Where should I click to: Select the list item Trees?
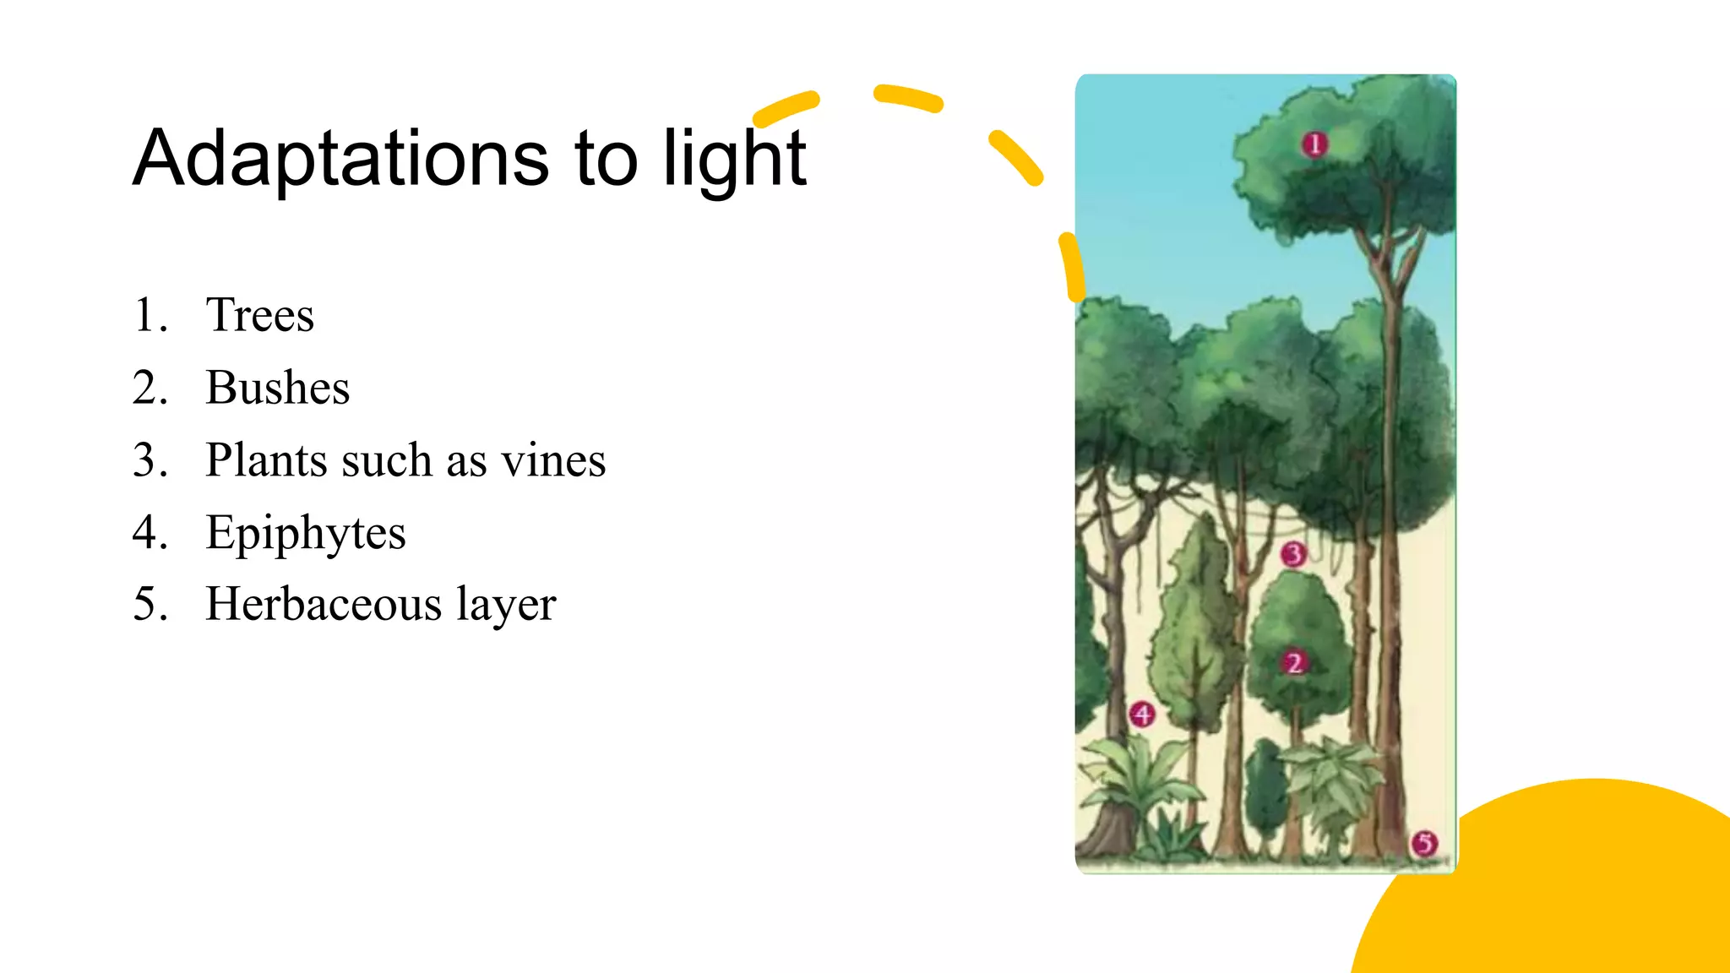point(259,315)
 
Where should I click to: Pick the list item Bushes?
point(277,388)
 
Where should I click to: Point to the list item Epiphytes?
point(305,533)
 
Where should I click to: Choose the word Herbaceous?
point(324,605)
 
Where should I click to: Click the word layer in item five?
point(506,605)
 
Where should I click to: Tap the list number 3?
point(150,460)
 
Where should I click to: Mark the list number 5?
point(150,605)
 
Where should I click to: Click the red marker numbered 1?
point(1314,144)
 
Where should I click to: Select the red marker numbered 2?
point(1294,663)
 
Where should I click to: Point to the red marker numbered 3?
point(1293,555)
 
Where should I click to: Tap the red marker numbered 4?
point(1142,715)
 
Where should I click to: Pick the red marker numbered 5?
point(1425,843)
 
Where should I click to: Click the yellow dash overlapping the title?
point(785,108)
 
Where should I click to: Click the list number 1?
point(150,315)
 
